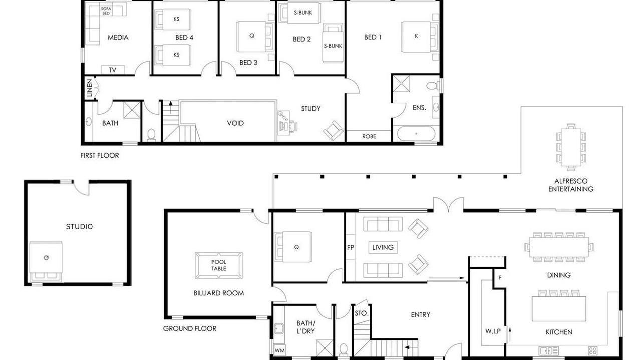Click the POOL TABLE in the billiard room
(219, 265)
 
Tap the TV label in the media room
(113, 70)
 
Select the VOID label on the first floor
(235, 123)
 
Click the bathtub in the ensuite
(416, 134)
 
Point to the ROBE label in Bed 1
(369, 136)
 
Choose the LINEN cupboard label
(90, 88)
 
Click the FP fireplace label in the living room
(350, 247)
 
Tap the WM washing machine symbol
(279, 350)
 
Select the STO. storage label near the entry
(361, 313)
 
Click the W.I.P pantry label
(493, 331)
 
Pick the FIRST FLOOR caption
(99, 155)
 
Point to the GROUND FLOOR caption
(190, 329)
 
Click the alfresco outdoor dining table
(571, 147)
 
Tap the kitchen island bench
(559, 309)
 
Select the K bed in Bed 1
(420, 37)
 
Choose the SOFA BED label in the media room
(106, 11)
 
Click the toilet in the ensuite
(433, 85)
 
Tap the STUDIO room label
(79, 227)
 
